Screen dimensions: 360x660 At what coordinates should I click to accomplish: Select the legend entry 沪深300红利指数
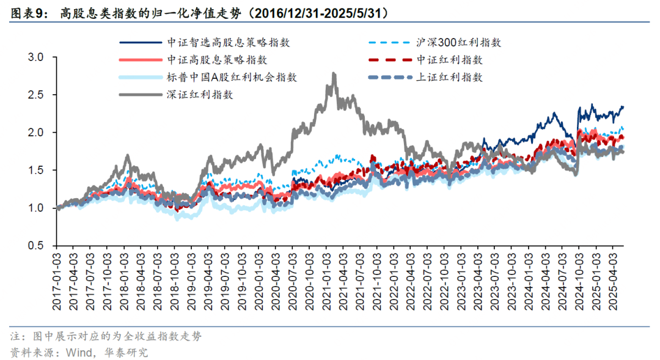(x=458, y=43)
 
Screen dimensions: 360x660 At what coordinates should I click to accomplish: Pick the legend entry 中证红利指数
(x=449, y=60)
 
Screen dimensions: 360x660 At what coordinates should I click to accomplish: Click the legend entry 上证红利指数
(x=449, y=78)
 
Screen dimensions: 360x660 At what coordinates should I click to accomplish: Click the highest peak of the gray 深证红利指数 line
(x=333, y=74)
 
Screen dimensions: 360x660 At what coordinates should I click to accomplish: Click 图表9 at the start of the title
(x=28, y=12)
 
